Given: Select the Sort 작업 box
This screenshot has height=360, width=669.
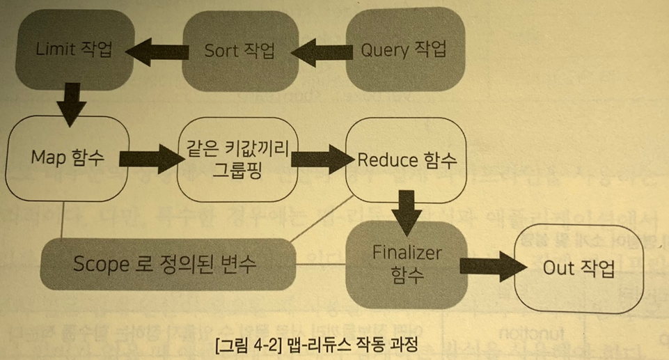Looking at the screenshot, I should (240, 50).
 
